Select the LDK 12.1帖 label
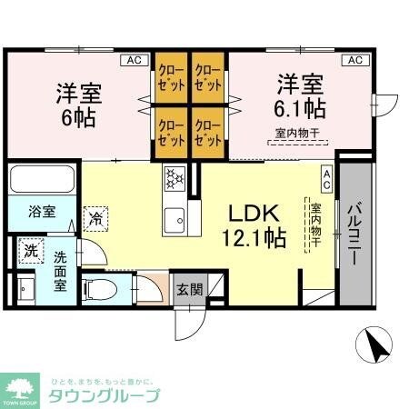(257, 226)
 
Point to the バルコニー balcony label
(356, 231)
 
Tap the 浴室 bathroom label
(42, 212)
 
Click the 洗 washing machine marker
(31, 250)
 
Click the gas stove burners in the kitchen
(174, 178)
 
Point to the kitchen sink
(174, 218)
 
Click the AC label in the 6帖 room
(134, 60)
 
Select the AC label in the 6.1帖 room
(355, 60)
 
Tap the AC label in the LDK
(325, 175)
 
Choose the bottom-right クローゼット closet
(208, 131)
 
